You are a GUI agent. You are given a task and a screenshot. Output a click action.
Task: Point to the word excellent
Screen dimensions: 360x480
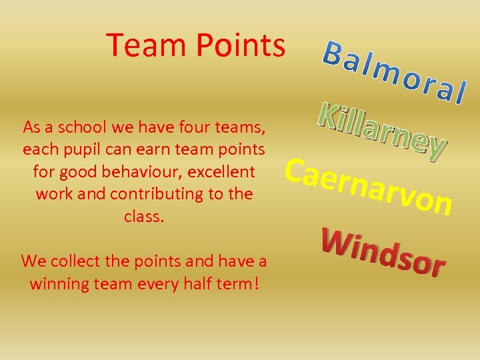click(221, 173)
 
